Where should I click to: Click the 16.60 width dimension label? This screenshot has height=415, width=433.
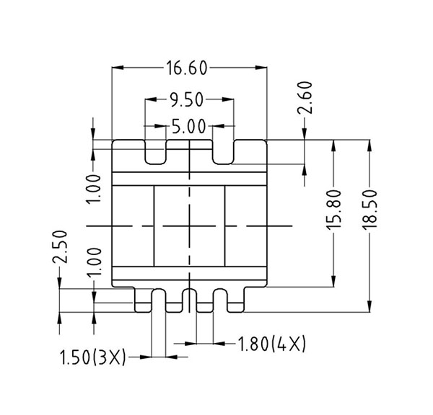tap(187, 68)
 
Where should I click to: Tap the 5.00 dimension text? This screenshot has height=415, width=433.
tap(187, 128)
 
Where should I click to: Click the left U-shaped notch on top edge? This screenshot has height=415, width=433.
tap(156, 152)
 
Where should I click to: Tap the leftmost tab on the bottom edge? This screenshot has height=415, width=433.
tap(144, 300)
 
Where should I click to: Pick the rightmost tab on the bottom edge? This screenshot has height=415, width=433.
tap(235, 300)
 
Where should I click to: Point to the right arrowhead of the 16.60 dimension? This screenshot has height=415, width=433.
tap(263, 68)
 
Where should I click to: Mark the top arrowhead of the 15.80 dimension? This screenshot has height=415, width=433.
tap(333, 144)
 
